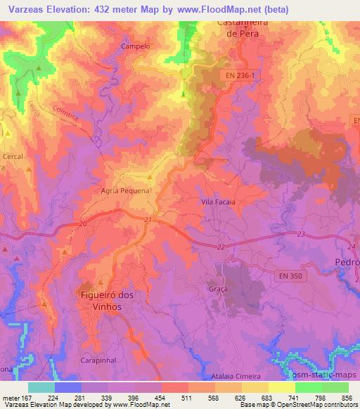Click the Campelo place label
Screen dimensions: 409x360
pyautogui.click(x=136, y=46)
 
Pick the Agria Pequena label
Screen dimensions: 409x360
pyautogui.click(x=127, y=190)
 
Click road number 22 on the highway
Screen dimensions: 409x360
pyautogui.click(x=221, y=247)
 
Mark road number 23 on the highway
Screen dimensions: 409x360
pyautogui.click(x=301, y=234)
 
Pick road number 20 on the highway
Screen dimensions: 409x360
pyautogui.click(x=83, y=223)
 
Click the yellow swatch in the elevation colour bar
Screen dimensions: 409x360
pyautogui.click(x=281, y=387)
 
